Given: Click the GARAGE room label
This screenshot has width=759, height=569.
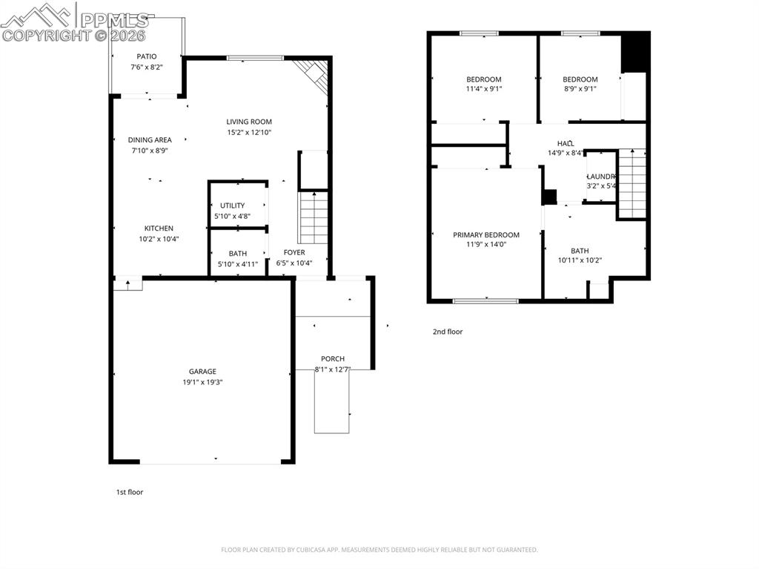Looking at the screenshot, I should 202,372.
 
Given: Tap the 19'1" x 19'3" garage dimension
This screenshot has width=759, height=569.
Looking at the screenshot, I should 202,382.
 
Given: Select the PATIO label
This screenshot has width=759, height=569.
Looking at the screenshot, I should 147,56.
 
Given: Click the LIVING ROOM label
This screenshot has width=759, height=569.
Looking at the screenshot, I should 249,122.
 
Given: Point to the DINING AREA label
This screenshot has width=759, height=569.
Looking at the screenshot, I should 150,139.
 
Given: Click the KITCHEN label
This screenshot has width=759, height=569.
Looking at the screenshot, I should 159,228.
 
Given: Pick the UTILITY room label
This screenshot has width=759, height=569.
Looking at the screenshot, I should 232,205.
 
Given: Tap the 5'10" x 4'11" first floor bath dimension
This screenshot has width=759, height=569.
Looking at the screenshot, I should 237,263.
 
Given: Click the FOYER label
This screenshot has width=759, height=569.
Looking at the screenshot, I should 294,252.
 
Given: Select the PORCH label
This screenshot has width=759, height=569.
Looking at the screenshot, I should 333,359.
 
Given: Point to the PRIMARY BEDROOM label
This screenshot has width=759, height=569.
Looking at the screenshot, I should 486,234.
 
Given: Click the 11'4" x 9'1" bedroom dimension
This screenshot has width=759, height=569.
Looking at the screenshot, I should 483,89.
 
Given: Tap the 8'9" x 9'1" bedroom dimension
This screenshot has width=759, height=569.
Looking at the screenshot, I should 580,89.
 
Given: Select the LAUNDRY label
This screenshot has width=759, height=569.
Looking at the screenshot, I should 601,177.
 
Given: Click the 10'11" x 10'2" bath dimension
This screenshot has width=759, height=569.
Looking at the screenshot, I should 580,260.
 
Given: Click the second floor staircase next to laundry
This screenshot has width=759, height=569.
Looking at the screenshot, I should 632,182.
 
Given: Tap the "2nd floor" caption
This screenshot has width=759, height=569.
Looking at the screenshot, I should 448,332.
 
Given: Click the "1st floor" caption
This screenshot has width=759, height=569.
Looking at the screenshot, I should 129,492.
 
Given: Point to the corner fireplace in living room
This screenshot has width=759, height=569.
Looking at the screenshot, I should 316,74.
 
